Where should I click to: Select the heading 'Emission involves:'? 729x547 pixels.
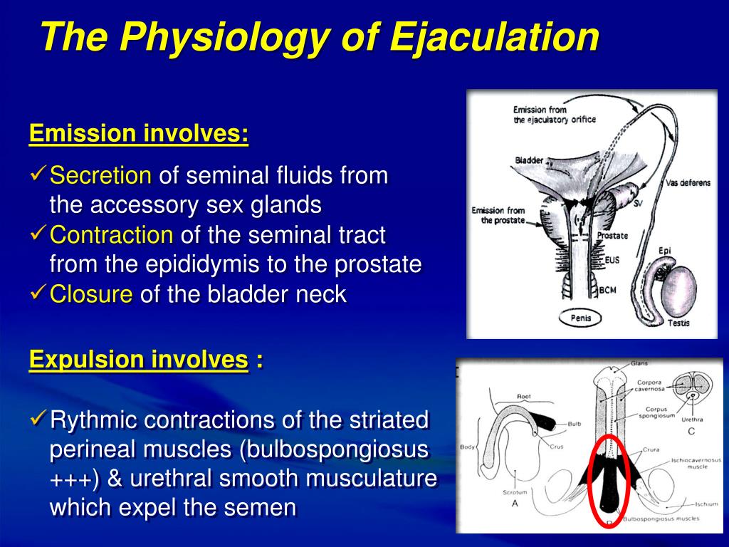click(x=139, y=133)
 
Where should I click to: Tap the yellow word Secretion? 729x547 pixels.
click(x=100, y=175)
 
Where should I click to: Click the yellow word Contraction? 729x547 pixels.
click(x=111, y=234)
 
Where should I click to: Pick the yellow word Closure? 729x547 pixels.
click(x=91, y=294)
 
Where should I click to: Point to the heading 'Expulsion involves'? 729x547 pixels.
click(x=139, y=360)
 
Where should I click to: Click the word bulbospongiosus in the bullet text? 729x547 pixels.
click(x=335, y=450)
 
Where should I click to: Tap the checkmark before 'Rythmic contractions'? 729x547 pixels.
click(x=38, y=417)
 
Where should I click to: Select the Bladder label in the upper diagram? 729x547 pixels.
click(x=529, y=160)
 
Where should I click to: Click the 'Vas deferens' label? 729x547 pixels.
click(x=688, y=183)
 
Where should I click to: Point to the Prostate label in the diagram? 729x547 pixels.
click(x=612, y=236)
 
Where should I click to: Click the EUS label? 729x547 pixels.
click(x=612, y=259)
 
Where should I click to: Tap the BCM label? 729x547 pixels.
click(x=608, y=291)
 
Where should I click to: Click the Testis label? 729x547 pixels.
click(x=678, y=323)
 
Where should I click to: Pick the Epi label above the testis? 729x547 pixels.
click(x=665, y=251)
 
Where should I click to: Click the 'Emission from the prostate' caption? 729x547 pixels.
click(x=499, y=215)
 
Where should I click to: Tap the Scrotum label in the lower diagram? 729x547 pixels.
click(x=515, y=492)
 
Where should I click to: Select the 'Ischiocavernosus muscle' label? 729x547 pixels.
click(x=696, y=463)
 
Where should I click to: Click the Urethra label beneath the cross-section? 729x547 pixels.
click(x=692, y=420)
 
